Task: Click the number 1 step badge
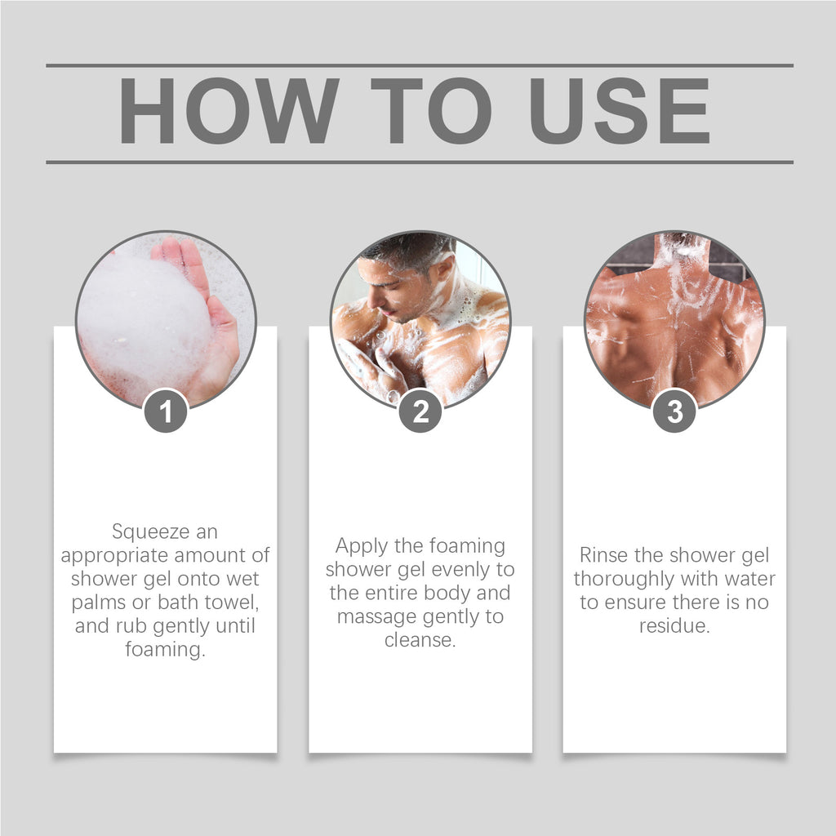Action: pos(166,411)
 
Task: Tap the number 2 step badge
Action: pos(420,411)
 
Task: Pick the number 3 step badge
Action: pos(674,411)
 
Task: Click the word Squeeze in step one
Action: pos(143,532)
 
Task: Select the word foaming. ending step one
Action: pos(165,651)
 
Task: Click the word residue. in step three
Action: pos(674,626)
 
